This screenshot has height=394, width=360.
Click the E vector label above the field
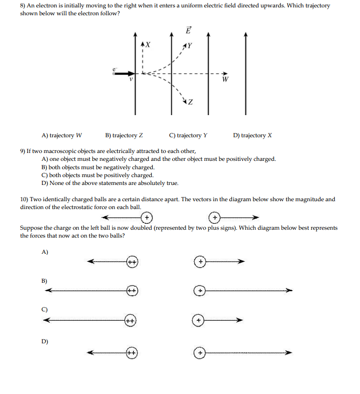188,30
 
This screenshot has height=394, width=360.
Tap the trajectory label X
148,45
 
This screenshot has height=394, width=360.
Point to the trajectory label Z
190,102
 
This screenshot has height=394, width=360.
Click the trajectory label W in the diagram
225,80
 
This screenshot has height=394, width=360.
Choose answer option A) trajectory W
62,135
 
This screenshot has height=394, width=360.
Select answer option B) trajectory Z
124,135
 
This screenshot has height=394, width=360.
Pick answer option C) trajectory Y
188,135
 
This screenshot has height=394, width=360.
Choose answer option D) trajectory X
252,135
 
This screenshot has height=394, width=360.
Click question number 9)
24,151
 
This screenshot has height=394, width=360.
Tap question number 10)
25,199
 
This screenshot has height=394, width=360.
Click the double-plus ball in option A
132,262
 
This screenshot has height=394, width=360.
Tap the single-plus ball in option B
200,291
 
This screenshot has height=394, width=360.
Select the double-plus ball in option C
130,321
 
